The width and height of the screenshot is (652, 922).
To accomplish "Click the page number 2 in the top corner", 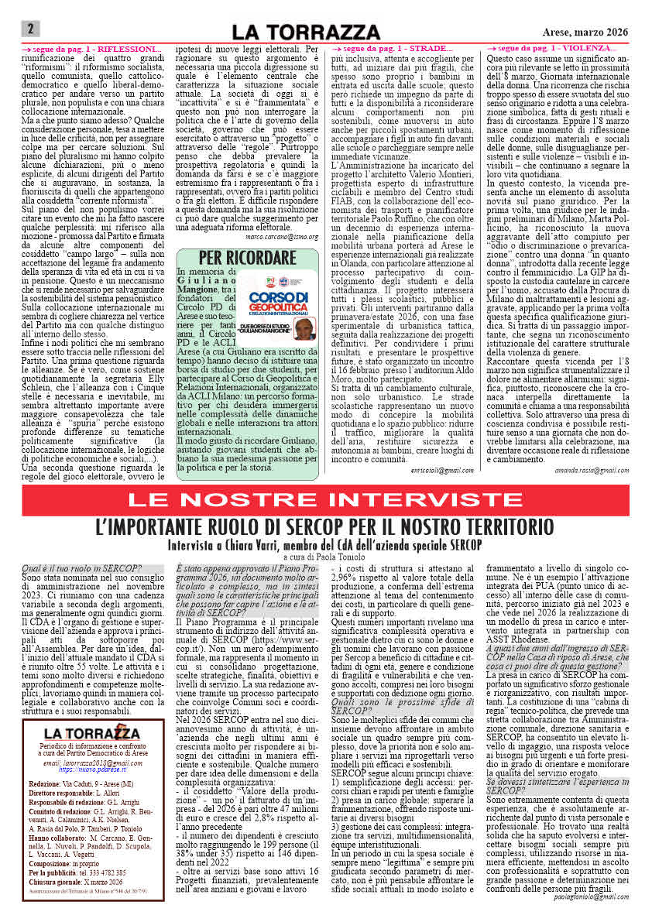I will (x=29, y=29).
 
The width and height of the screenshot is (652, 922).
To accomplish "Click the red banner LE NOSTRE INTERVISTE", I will (x=326, y=499).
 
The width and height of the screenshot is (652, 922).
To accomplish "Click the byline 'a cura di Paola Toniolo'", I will (x=325, y=557).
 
